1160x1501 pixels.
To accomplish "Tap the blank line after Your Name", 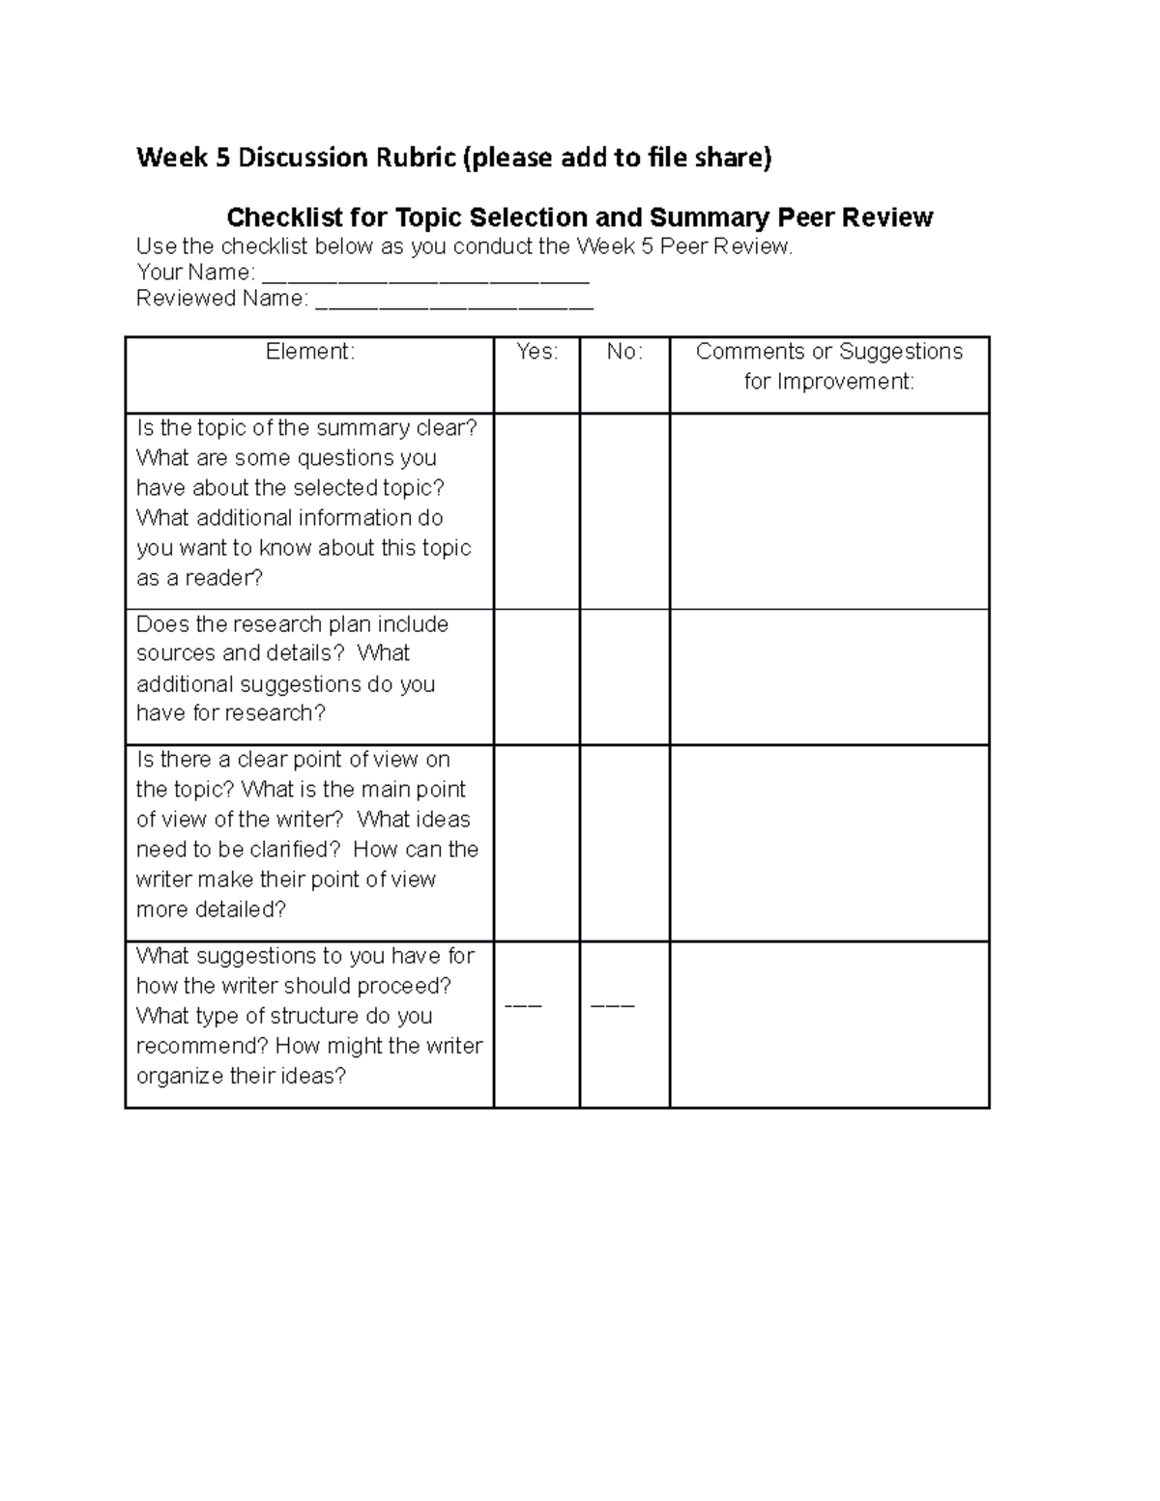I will (x=425, y=274).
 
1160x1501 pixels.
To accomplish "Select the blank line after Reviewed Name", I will (x=454, y=301).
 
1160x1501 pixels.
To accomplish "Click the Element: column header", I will (x=310, y=352).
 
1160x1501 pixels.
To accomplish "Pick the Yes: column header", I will (x=536, y=352).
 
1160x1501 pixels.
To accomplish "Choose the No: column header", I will (x=624, y=352).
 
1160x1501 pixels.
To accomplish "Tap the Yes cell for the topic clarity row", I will (x=536, y=511).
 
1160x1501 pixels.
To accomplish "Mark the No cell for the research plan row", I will (x=624, y=677).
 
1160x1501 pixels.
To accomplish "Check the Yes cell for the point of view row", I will (x=536, y=843).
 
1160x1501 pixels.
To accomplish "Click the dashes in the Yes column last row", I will (x=523, y=1006).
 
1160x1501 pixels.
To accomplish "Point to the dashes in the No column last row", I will (x=612, y=1006).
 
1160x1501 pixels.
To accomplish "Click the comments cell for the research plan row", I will (x=828, y=677).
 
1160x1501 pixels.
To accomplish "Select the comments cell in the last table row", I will (x=828, y=1025).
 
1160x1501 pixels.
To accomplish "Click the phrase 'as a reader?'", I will (x=199, y=578).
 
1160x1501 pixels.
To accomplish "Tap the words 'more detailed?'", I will (x=211, y=909).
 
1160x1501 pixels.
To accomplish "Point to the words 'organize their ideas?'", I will (x=241, y=1077).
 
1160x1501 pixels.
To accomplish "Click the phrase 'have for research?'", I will (x=231, y=713).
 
